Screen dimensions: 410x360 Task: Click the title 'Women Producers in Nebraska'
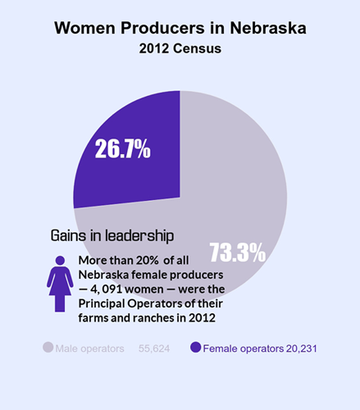tap(180, 28)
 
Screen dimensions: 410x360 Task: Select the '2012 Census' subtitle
tap(180, 48)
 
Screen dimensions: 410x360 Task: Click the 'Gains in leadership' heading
tap(112, 235)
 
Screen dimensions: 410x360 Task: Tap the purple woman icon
tap(60, 282)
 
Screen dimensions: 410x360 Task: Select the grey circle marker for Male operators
tap(48, 348)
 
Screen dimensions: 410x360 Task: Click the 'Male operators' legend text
tap(89, 348)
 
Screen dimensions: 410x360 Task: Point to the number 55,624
tap(154, 348)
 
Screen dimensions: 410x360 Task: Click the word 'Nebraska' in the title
tap(263, 28)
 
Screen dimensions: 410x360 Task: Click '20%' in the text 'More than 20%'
tap(144, 260)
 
